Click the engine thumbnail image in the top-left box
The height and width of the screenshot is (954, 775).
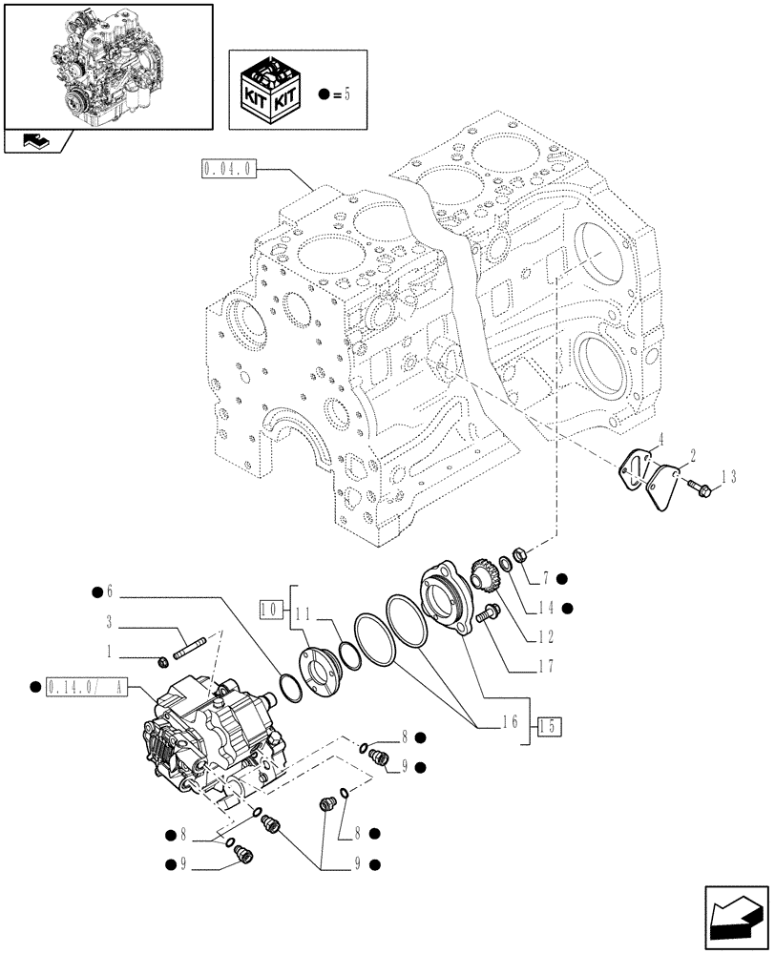pos(107,66)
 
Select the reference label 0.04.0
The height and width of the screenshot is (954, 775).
pos(227,170)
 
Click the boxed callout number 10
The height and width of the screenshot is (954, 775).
pos(271,607)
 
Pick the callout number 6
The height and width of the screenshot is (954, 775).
pos(110,591)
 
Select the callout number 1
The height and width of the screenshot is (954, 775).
pos(111,652)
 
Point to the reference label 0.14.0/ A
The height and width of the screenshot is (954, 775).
pos(93,685)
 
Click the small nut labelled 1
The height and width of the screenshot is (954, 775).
pos(163,657)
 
